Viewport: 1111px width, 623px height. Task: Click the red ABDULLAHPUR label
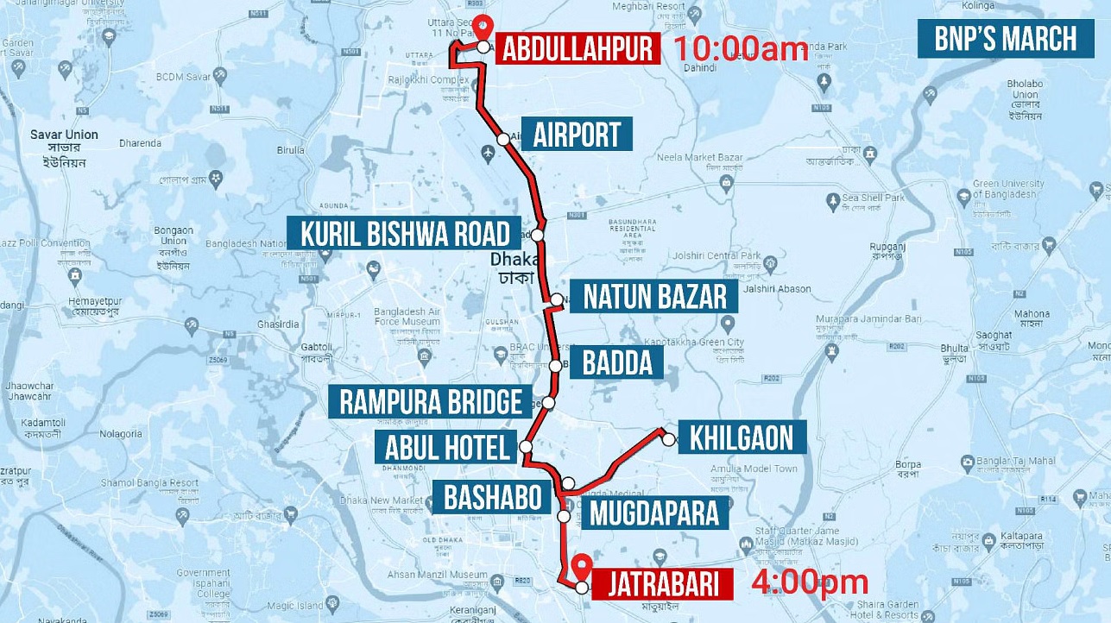(578, 48)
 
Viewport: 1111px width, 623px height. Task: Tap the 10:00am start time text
(740, 48)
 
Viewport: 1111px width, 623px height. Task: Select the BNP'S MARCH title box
(1006, 40)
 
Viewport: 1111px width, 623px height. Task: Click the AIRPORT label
(577, 135)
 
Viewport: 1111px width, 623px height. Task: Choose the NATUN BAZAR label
(654, 297)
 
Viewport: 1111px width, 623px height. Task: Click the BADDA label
(616, 363)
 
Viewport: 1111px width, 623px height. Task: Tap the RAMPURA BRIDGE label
(431, 401)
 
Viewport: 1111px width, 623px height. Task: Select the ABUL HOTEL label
(447, 447)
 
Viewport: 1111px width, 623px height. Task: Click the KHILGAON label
(742, 437)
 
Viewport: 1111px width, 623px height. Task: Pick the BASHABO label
(492, 498)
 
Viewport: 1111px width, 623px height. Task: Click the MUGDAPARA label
(653, 513)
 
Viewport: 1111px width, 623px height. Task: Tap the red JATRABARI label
(663, 584)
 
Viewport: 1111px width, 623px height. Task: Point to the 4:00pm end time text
(809, 583)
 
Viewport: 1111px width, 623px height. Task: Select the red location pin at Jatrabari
(583, 566)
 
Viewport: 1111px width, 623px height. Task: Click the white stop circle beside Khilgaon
(668, 439)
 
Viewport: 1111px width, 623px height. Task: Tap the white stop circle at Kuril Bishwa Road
(538, 235)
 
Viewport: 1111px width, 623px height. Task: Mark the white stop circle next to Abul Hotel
(526, 447)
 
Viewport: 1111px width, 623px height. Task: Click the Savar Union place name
(64, 135)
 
